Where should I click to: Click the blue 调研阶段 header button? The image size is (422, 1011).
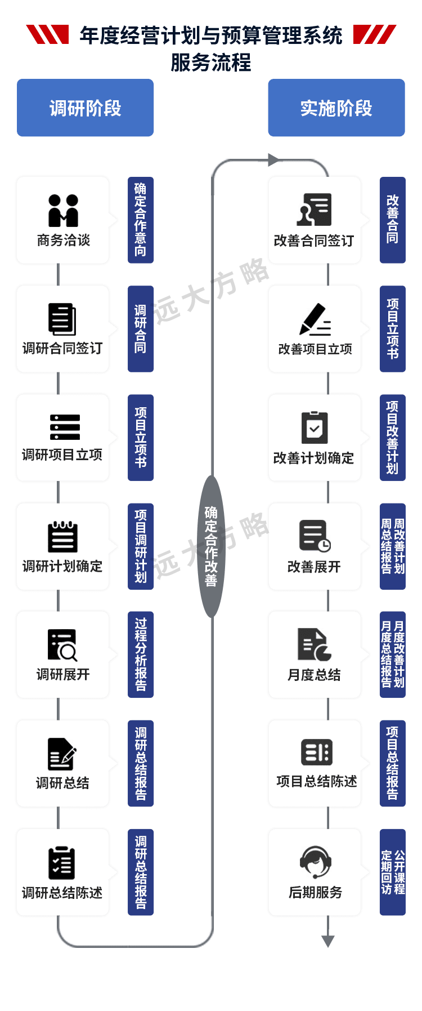(85, 108)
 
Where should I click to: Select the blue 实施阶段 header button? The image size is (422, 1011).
(336, 108)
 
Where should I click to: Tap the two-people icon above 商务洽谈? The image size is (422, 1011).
(63, 211)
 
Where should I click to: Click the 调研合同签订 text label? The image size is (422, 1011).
(62, 349)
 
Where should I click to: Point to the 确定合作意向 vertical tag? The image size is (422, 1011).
(140, 220)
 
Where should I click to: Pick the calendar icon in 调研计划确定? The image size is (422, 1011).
(62, 537)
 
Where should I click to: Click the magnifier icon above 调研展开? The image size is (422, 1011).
(62, 645)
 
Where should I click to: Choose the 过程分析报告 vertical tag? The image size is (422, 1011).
(140, 654)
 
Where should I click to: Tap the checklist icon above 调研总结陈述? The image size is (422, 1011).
(62, 863)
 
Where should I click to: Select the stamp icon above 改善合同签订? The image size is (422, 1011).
(314, 210)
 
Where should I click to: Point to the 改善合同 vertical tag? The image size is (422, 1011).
(392, 220)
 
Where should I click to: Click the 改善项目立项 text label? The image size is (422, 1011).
(315, 349)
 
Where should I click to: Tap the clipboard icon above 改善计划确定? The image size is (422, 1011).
(314, 428)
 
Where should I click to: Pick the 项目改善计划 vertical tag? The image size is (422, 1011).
(392, 437)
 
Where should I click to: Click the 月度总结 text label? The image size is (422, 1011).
(314, 675)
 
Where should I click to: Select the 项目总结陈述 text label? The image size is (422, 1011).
(316, 782)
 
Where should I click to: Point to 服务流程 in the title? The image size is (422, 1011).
(211, 63)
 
